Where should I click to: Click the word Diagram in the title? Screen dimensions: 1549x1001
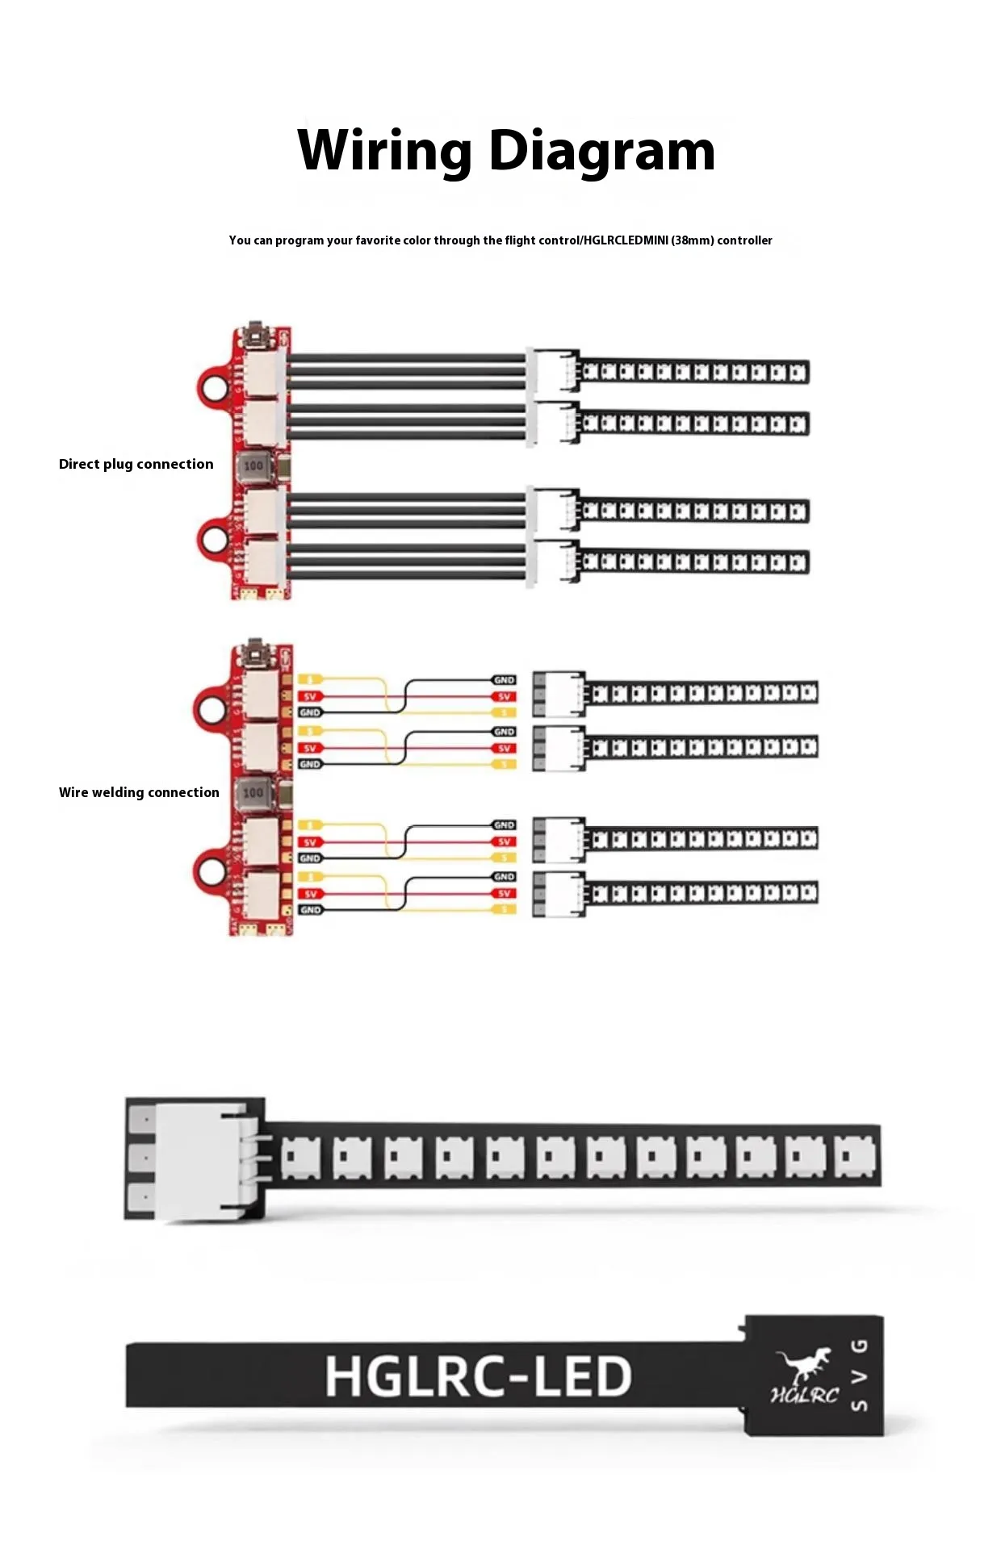602,151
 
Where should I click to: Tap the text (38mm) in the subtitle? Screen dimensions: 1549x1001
692,240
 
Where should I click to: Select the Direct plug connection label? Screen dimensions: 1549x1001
136,464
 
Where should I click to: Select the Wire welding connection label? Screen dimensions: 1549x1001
139,792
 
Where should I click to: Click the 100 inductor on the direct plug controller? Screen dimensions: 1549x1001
253,466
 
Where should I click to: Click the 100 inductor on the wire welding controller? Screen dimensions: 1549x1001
253,792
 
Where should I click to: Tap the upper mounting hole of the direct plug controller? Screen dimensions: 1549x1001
215,388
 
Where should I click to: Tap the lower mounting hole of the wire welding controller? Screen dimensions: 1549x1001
212,871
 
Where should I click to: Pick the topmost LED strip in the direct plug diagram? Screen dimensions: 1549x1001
694,372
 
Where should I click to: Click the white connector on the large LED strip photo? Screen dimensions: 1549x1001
206,1159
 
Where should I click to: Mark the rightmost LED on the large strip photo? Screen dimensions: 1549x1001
854,1158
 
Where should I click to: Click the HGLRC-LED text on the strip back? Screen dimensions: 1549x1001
478,1376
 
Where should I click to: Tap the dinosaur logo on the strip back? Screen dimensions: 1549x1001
802,1363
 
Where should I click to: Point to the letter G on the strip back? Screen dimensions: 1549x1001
861,1345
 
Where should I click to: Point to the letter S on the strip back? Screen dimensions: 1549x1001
861,1405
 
